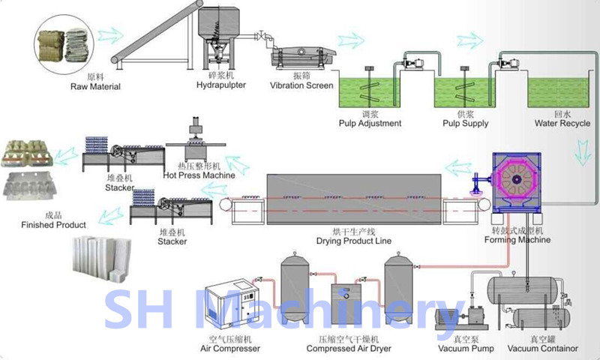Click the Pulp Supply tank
466,94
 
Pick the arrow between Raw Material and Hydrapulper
110,35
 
